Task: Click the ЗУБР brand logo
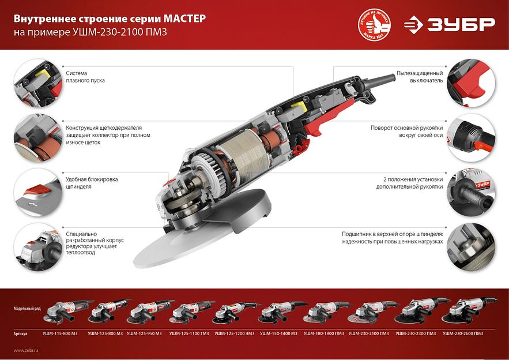[x=449, y=24]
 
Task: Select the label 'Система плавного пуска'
[x=85, y=77]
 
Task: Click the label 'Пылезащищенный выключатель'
[x=419, y=77]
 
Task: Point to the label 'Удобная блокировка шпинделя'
[x=92, y=183]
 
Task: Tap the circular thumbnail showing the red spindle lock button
[x=36, y=192]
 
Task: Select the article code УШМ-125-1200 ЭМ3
[x=233, y=333]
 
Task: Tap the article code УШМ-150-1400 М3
[x=278, y=333]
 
